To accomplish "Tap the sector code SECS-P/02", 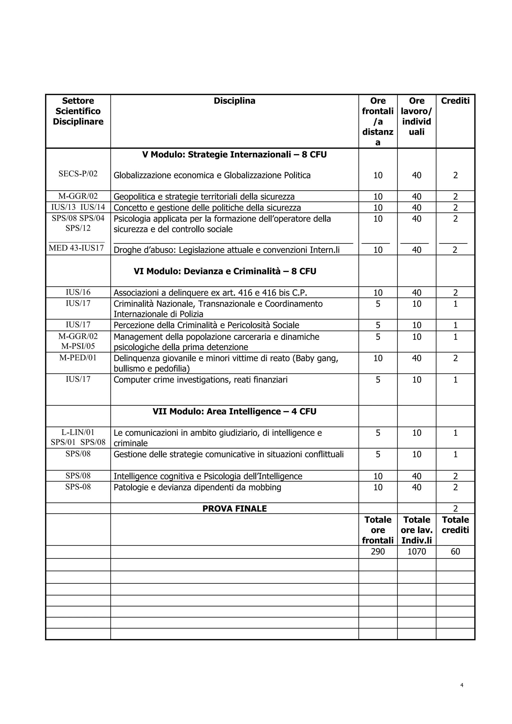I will pos(78,174).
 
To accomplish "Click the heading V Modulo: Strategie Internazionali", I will pos(234,154).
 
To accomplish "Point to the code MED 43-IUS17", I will pos(76,248).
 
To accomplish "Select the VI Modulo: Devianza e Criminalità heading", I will pos(225,271).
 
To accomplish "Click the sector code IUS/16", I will pos(78,292).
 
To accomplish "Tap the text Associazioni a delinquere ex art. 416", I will pos(210,293).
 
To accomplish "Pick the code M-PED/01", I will pos(78,357).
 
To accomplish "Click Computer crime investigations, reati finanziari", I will pos(200,380).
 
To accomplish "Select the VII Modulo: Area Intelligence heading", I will pos(234,411).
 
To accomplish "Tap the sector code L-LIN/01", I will pos(78,432).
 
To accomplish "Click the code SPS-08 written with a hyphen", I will pos(78,487).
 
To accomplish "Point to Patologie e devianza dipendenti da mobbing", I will pos(197,487).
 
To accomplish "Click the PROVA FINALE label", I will pos(234,509).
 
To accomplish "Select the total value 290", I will pos(378,551).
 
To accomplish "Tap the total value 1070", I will pos(416,551).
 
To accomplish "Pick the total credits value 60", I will pos(455,551).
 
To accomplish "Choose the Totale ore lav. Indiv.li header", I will pos(416,530).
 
